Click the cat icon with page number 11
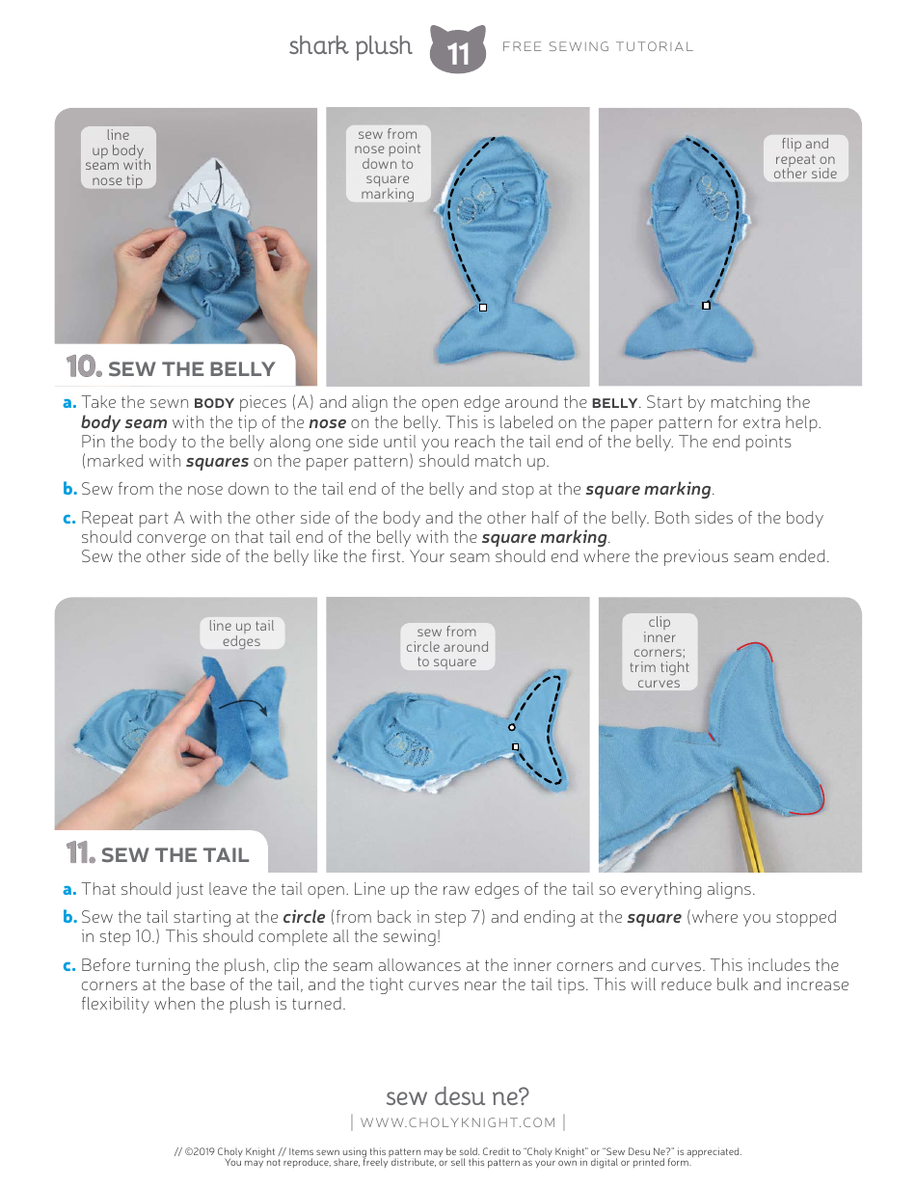coord(457,50)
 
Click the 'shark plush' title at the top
coord(350,46)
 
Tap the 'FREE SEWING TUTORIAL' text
coord(598,46)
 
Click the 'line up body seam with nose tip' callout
coord(118,157)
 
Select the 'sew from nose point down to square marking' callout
coord(388,164)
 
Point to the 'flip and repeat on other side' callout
coord(805,159)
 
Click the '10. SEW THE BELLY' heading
coord(172,368)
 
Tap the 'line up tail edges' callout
coord(241,633)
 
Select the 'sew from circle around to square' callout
coord(446,647)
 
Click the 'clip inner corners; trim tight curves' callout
coord(660,653)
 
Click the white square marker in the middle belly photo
coord(483,308)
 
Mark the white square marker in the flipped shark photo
coord(706,306)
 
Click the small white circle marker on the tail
coord(512,727)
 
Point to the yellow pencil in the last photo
coord(747,815)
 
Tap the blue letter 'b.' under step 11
coord(69,917)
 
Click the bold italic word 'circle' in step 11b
coord(304,917)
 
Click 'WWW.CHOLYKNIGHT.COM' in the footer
coord(458,1121)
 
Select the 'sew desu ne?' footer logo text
coord(457,1096)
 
